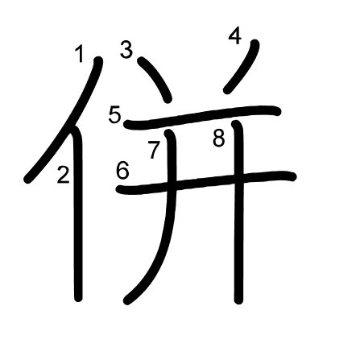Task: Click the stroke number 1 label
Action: point(79,54)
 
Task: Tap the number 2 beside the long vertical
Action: point(63,175)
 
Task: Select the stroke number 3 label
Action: point(126,49)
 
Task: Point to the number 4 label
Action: point(235,36)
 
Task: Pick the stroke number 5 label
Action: point(115,114)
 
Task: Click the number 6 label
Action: point(122,171)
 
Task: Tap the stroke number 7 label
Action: point(154,150)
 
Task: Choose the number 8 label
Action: point(219,139)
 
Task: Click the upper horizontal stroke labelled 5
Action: point(203,116)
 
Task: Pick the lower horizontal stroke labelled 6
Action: point(206,183)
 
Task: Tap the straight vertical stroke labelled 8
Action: point(238,212)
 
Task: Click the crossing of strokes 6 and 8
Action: point(238,180)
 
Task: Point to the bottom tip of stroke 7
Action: point(126,301)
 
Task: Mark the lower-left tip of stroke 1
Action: point(27,180)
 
